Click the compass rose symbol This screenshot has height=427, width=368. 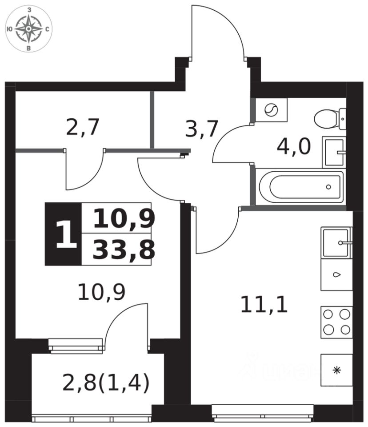[29, 28]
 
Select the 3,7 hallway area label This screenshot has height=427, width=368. [201, 129]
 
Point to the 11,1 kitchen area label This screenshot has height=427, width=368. [264, 305]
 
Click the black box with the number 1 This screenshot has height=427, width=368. [63, 234]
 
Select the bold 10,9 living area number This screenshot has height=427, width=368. [124, 218]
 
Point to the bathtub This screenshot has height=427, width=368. [301, 187]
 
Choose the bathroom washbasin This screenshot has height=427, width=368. [334, 152]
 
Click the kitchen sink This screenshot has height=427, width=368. [336, 243]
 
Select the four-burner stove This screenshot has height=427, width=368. [336, 322]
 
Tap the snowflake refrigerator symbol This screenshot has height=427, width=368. [336, 370]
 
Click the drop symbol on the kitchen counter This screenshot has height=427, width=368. [336, 274]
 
